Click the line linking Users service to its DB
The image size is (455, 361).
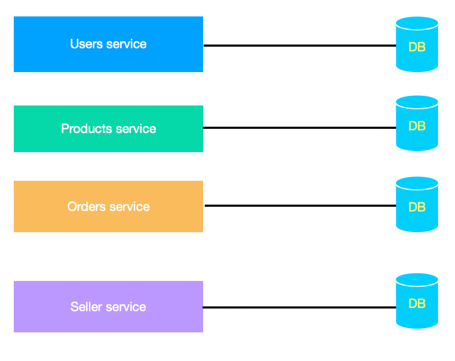[300, 46]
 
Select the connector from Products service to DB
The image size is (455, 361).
[300, 128]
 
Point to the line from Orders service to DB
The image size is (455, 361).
[300, 206]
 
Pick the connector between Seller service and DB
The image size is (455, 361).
[300, 307]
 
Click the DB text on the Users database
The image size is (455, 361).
[417, 47]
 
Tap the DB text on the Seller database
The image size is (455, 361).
[417, 304]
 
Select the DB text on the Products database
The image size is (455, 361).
[417, 126]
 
